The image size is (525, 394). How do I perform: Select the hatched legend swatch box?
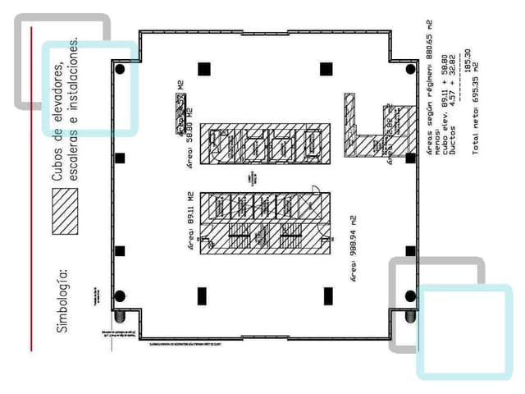click(65, 211)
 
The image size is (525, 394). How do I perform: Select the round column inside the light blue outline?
click(121, 70)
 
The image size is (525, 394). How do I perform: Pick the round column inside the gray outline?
click(410, 295)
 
